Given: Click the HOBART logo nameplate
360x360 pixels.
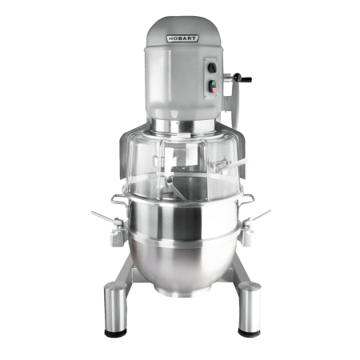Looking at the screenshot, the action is (182, 38).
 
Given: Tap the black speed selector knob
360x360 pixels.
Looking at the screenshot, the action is (212, 68).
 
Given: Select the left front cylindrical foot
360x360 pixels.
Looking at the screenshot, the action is (115, 309).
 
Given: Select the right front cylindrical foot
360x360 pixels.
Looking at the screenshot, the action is (250, 309).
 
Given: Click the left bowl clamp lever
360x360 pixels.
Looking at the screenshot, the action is (105, 217).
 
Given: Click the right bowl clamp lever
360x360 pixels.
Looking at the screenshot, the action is (260, 215).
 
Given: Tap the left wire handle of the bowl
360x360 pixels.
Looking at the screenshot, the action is (119, 200).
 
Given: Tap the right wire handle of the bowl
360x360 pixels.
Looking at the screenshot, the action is (247, 200).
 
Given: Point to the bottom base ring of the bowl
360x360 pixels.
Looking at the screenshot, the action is (183, 293).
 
